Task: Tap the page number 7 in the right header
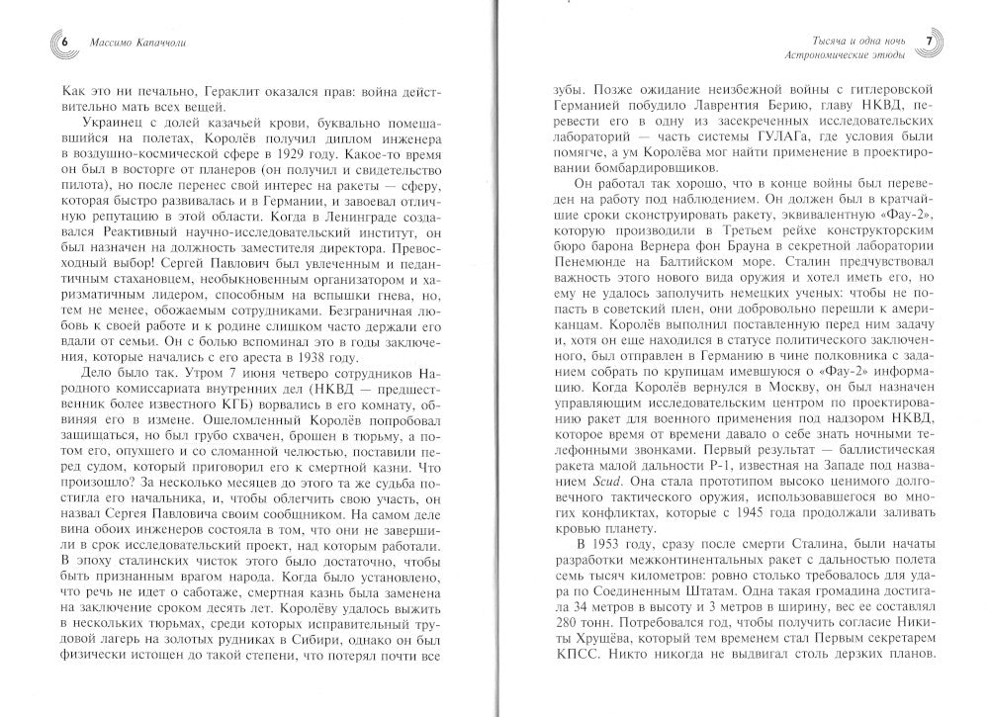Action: [929, 42]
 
